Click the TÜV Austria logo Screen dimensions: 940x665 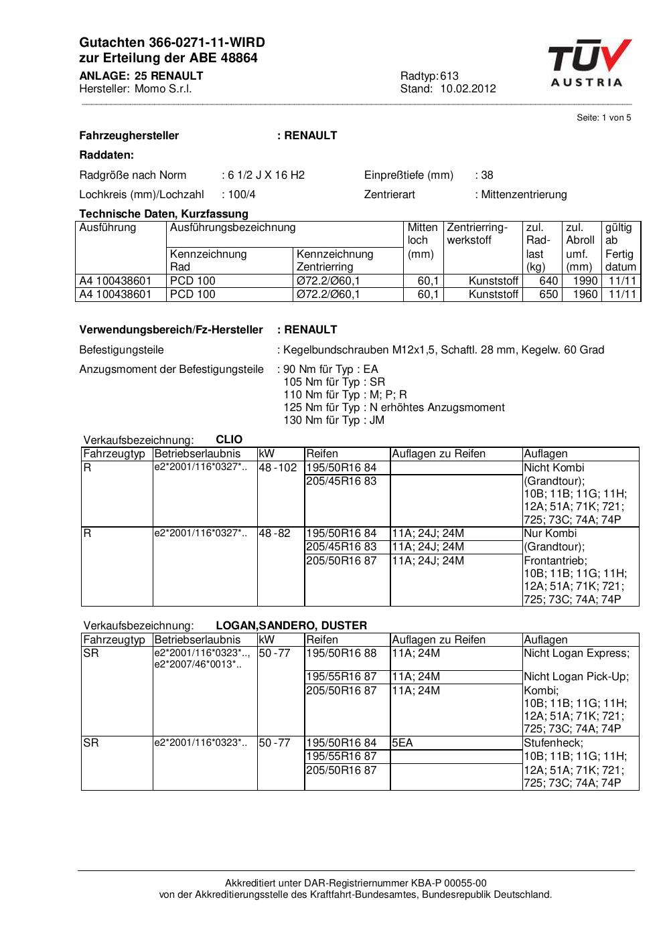[589, 64]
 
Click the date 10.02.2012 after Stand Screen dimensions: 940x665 [467, 89]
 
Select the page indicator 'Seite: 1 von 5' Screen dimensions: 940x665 [603, 118]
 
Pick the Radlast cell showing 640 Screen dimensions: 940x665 [548, 281]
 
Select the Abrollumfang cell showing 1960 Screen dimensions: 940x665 [585, 295]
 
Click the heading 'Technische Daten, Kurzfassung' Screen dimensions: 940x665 [163, 214]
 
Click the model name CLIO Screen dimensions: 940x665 [229, 440]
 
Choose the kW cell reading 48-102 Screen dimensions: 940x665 [277, 468]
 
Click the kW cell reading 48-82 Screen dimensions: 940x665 [275, 534]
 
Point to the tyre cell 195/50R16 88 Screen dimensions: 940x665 [341, 653]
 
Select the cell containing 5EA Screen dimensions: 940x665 [402, 743]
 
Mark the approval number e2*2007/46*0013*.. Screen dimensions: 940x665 [197, 665]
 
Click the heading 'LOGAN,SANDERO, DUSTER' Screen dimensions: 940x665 [291, 626]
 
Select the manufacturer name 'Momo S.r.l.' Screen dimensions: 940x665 [163, 89]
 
